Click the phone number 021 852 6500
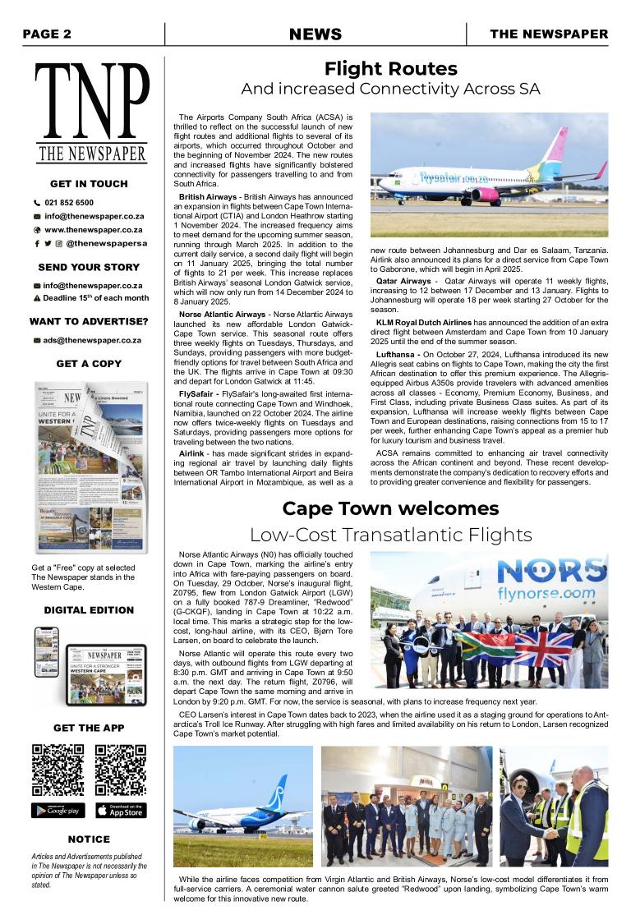pos(69,202)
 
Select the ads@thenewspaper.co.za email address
pos(92,340)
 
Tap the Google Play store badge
pos(58,811)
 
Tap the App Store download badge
pos(121,811)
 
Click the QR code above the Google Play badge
pos(58,770)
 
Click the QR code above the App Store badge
pos(121,770)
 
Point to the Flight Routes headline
pos(390,68)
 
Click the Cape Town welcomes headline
pos(390,508)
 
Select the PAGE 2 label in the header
pos(47,34)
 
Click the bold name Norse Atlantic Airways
pos(222,315)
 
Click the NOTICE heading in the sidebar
pos(89,839)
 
